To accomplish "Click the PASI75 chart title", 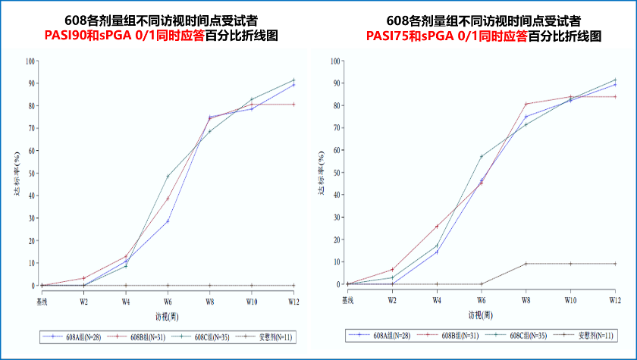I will coord(447,36).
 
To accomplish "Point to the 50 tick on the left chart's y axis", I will coord(30,174).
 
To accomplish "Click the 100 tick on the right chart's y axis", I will coord(334,61).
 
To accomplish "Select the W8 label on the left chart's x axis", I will coord(209,301).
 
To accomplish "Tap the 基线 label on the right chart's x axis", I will coord(348,300).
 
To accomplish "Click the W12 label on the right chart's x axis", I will coord(614,300).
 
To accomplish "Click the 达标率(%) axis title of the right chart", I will coord(322,174).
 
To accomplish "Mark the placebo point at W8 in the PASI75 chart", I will coord(526,264).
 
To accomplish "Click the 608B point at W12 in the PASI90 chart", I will coord(293,105).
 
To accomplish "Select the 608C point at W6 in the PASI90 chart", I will coord(168,177).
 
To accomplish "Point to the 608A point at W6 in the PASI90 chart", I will coord(168,221).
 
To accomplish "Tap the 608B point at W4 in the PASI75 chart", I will coord(437,227).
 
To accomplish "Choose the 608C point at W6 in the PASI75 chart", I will coord(481,157).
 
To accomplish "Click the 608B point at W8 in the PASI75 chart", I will coord(526,104).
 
